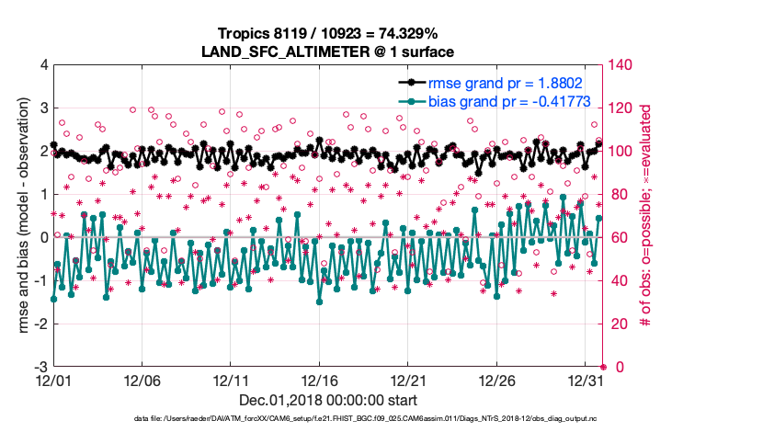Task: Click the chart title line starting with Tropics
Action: coord(327,34)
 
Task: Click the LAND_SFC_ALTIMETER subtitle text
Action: coord(327,51)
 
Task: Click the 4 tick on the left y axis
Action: coord(42,65)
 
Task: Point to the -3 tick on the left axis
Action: coord(40,367)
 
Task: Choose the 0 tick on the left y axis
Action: coord(42,237)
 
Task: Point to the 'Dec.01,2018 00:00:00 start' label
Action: coord(327,401)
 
